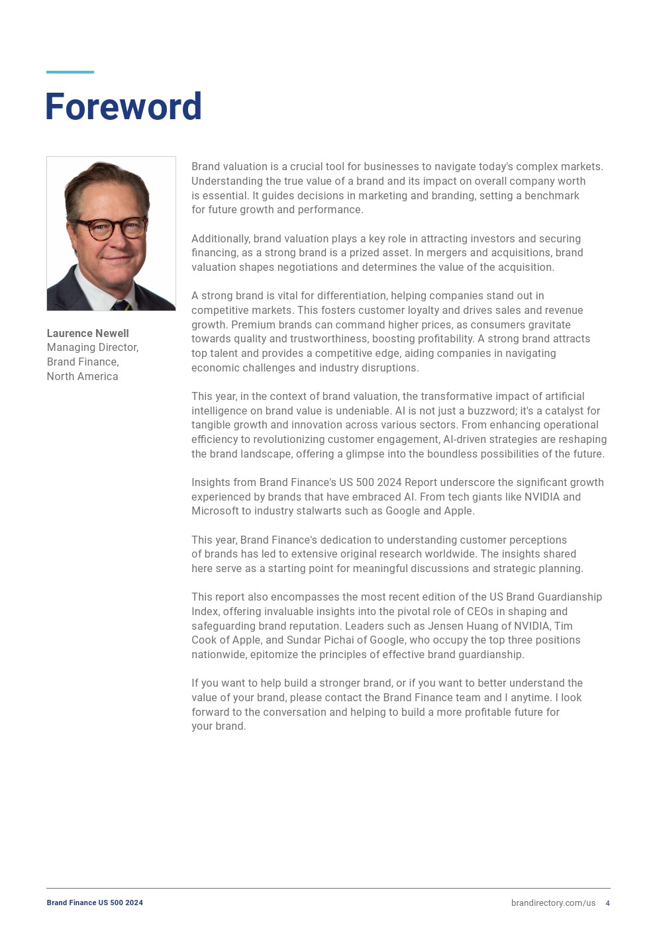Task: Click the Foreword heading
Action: tap(123, 107)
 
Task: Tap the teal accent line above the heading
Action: tap(70, 72)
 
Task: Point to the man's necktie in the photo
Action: tap(120, 305)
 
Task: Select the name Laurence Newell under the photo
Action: tap(87, 333)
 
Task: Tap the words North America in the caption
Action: tap(82, 376)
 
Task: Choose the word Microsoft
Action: tap(215, 511)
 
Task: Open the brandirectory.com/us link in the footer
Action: tap(553, 903)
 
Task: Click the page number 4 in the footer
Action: tap(607, 903)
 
